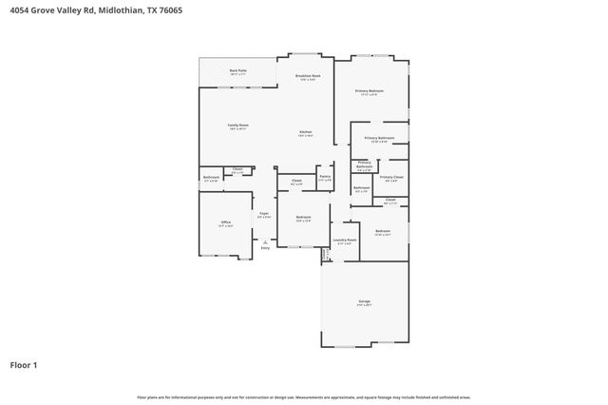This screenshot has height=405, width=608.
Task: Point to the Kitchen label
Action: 306,133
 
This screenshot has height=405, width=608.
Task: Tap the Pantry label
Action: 325,177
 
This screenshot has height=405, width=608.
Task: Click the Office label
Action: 226,223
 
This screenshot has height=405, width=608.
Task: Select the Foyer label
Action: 264,215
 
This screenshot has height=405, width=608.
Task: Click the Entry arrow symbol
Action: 265,241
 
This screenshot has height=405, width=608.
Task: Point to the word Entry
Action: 265,248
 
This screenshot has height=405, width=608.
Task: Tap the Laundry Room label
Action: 344,241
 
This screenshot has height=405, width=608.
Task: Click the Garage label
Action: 364,302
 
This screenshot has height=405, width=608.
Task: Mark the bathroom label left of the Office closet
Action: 211,178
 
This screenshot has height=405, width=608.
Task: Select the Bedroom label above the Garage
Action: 382,232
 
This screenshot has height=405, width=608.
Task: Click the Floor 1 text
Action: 25,364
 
